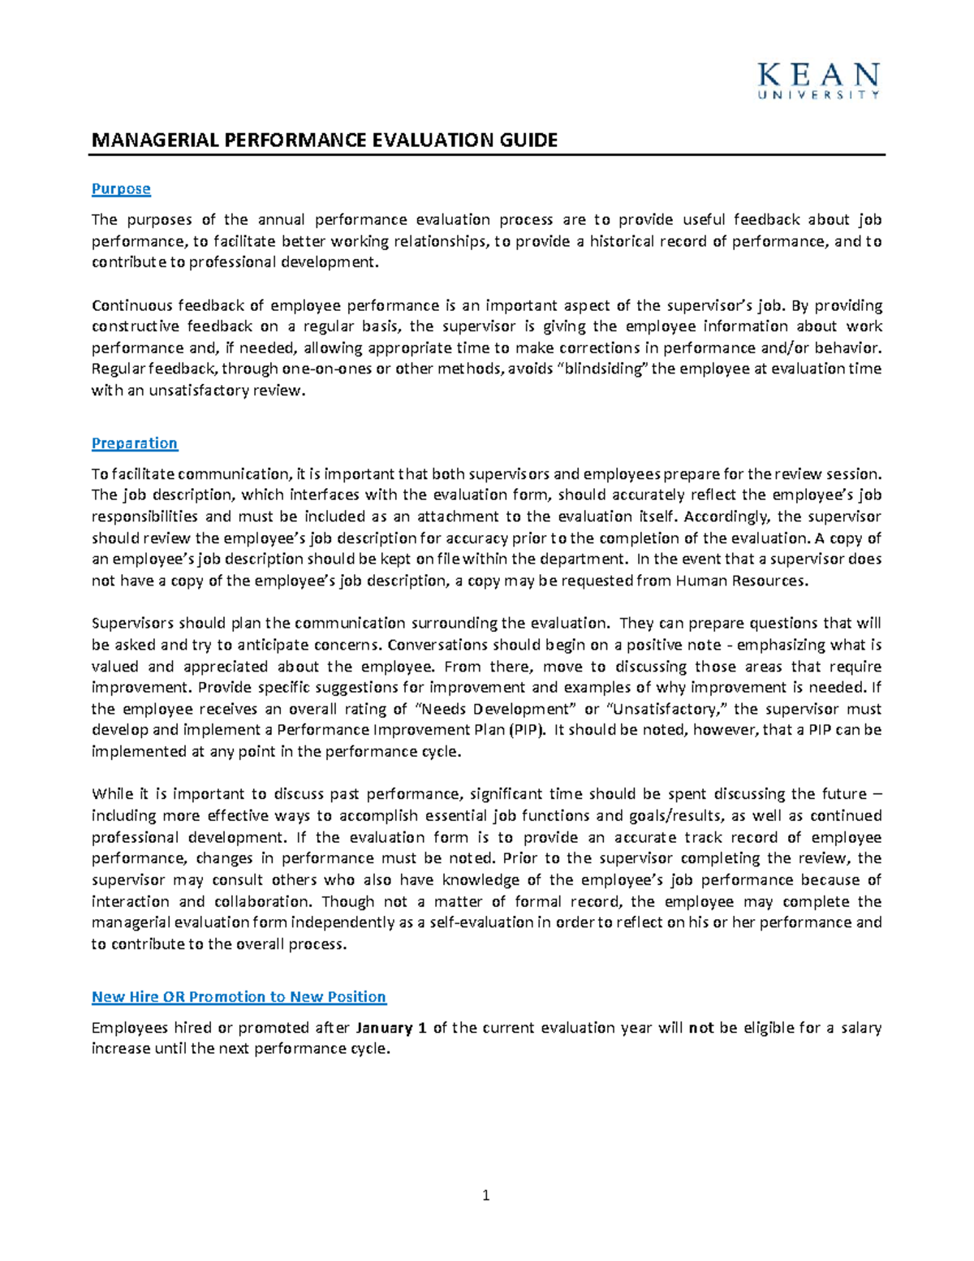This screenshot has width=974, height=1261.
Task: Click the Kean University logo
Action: [818, 81]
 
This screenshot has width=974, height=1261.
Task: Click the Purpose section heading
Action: [121, 188]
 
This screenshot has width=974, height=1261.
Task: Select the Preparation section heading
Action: [134, 443]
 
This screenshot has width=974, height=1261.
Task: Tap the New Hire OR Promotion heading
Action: [239, 996]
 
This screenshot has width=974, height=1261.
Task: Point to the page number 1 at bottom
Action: [485, 1194]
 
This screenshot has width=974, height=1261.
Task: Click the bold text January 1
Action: [391, 1027]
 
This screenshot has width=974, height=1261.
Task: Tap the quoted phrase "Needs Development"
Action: [501, 709]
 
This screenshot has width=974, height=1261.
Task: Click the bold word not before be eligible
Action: [700, 1027]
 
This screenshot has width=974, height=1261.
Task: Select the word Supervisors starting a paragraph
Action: [131, 623]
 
